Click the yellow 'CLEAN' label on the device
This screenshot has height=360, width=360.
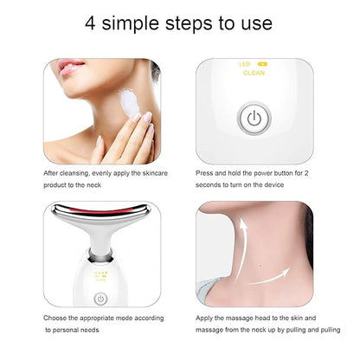tap(253, 74)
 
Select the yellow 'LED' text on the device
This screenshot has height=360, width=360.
tap(244, 64)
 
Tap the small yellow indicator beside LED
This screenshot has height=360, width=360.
tap(263, 64)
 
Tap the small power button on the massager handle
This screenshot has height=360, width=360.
tap(100, 299)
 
